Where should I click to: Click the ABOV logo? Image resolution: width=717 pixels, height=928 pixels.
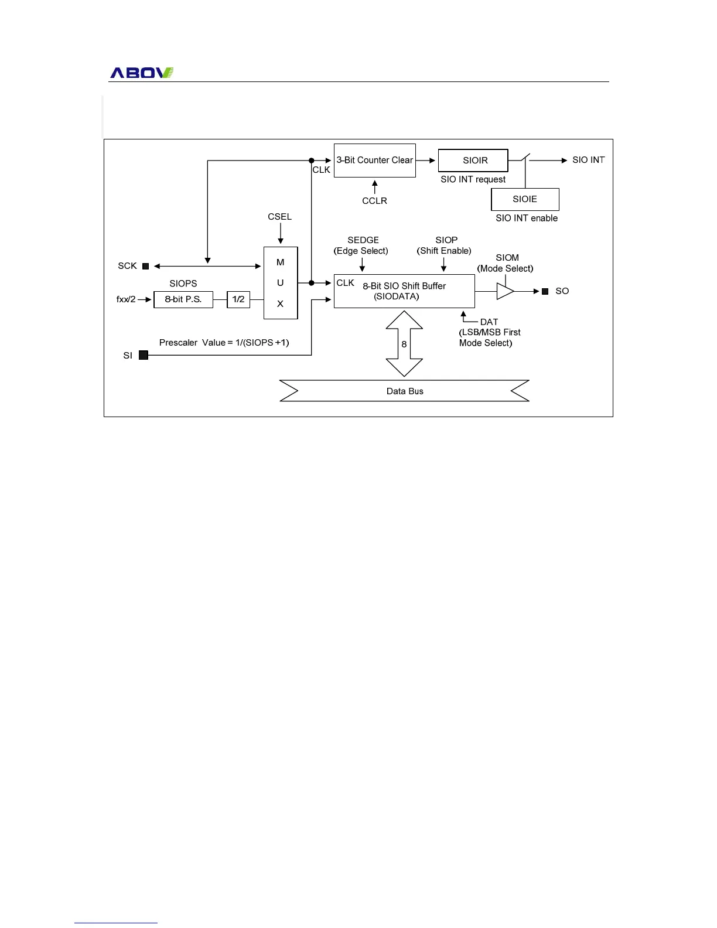tap(142, 73)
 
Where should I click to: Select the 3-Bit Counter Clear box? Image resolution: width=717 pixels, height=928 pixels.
tap(375, 161)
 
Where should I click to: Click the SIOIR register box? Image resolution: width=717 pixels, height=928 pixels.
tap(473, 161)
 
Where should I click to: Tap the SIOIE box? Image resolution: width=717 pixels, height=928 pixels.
tap(525, 199)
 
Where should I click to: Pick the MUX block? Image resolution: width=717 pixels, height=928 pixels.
tap(281, 283)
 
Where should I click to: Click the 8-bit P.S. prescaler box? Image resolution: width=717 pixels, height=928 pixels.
tap(183, 299)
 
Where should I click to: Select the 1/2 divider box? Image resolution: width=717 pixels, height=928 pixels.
tap(238, 299)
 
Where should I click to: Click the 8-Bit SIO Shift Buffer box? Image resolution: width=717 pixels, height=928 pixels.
tap(404, 291)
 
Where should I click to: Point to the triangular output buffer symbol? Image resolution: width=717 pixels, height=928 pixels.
tap(504, 291)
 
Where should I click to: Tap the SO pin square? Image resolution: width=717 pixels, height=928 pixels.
tap(545, 291)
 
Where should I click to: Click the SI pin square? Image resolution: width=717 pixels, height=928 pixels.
tap(144, 355)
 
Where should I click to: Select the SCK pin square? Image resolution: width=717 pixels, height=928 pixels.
tap(146, 267)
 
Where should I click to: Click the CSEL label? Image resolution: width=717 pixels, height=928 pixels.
tap(279, 217)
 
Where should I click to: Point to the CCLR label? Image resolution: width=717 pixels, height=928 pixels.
tap(374, 201)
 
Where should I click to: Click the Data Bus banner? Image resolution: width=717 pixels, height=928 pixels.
tap(405, 391)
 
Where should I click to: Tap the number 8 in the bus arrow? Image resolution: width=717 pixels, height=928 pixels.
tap(404, 344)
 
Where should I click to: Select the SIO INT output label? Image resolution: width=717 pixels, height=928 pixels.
tap(588, 160)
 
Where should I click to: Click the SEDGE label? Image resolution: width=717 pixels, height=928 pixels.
tap(363, 240)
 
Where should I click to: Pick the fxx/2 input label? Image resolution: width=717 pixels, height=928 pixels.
tap(126, 299)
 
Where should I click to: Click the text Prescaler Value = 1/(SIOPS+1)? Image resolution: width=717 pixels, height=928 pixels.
tap(224, 343)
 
